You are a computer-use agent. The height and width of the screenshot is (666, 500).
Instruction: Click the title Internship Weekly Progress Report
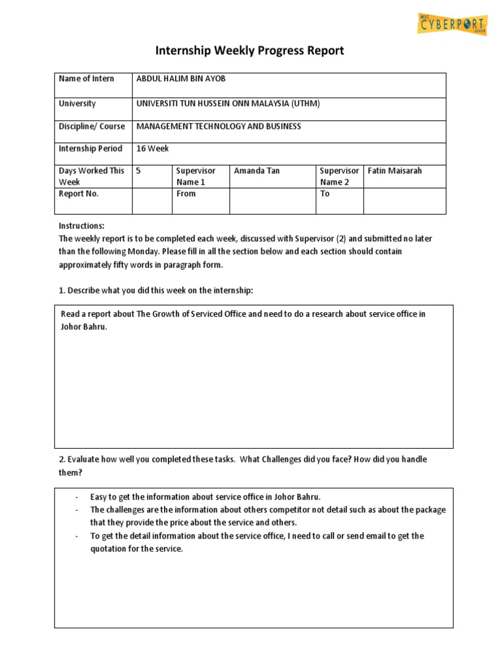(x=249, y=50)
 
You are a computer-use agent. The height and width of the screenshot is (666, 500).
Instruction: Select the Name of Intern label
(x=86, y=79)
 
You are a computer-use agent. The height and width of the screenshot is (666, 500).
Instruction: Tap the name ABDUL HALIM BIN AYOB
(x=181, y=79)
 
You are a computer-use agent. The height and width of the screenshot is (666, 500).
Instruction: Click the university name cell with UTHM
(x=228, y=103)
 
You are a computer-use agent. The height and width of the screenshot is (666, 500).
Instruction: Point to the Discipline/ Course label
(x=92, y=126)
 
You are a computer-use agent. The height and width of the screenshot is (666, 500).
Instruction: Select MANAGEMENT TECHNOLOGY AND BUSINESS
(x=218, y=126)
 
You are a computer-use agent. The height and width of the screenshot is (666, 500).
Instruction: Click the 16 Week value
(x=152, y=148)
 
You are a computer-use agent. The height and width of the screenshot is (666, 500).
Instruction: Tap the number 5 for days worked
(x=139, y=170)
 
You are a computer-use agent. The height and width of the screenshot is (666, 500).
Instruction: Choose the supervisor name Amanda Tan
(x=257, y=170)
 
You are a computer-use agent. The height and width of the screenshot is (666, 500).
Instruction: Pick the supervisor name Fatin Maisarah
(x=395, y=170)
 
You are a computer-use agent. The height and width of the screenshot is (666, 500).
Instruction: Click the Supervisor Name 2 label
(x=339, y=176)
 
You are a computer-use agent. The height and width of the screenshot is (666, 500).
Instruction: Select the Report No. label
(x=79, y=194)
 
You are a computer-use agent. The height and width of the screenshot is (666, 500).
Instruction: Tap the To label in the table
(x=325, y=194)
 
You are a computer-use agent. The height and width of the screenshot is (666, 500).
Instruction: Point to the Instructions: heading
(x=81, y=225)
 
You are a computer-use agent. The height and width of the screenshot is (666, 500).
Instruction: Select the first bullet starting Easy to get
(x=205, y=497)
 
